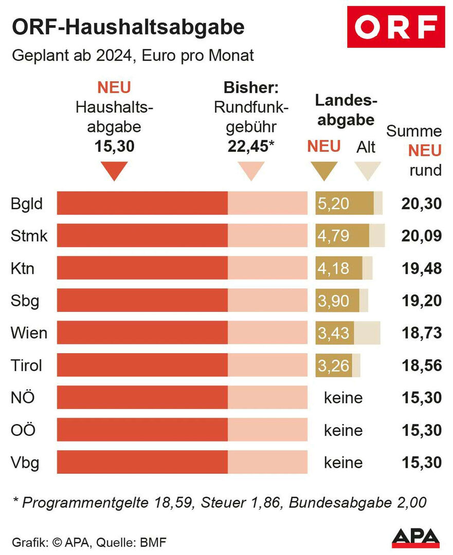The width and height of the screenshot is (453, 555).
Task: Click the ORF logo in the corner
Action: [x=395, y=27]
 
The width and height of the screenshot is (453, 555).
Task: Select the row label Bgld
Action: [x=26, y=203]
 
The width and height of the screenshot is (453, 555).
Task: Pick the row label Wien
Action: [x=29, y=333]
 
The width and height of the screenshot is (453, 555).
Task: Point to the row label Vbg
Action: [x=25, y=462]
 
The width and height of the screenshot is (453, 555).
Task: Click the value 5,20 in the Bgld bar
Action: [x=333, y=203]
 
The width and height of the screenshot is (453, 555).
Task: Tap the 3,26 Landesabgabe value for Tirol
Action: [x=333, y=365]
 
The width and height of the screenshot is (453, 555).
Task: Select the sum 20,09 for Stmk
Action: [x=421, y=236]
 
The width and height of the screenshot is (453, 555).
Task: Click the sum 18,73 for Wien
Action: [x=421, y=333]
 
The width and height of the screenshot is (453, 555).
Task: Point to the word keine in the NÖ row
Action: [x=343, y=398]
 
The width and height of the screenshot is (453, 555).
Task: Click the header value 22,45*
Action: [x=250, y=146]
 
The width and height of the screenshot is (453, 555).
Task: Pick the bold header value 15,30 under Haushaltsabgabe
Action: [x=114, y=146]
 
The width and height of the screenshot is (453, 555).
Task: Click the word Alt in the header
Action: [x=366, y=147]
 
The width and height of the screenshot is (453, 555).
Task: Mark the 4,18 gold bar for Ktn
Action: [x=339, y=268]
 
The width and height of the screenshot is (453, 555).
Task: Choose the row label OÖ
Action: [x=23, y=430]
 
